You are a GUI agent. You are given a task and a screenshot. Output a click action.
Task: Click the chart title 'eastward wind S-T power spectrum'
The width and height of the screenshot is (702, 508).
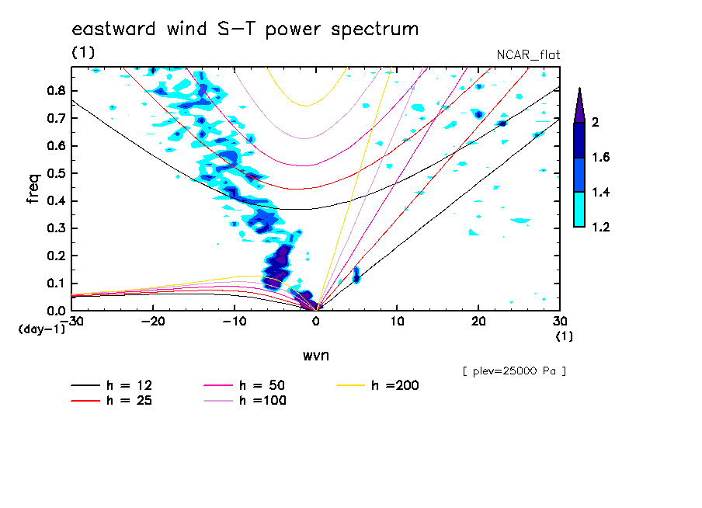245,30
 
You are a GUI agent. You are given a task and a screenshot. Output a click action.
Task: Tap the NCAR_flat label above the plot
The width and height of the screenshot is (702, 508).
528,54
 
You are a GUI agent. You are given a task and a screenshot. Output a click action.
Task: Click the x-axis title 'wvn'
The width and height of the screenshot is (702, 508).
315,355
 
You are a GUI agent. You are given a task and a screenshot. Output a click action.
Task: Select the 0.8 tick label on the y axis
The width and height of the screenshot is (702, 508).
54,91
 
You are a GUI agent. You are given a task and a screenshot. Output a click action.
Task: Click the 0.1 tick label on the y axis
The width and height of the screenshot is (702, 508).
54,284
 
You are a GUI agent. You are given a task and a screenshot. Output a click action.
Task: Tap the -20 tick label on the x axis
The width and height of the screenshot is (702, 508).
153,321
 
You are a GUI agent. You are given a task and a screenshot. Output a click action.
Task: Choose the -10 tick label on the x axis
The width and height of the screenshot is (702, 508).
235,321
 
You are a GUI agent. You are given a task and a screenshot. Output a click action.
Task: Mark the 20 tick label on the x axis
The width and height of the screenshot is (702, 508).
478,321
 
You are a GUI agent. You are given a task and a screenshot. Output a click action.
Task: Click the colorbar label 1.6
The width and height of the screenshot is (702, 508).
600,158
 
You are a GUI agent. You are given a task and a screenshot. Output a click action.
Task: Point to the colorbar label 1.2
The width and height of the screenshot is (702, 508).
600,228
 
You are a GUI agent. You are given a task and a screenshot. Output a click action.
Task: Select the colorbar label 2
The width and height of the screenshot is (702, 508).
594,123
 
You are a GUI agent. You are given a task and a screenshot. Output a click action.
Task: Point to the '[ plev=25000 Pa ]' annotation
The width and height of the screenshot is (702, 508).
514,371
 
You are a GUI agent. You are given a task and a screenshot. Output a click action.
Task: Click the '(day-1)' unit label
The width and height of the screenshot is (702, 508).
40,329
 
